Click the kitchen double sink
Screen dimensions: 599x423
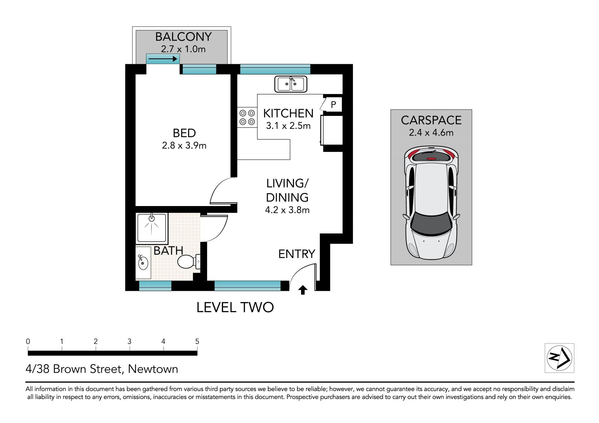coord(291,84)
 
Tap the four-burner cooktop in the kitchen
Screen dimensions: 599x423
coord(247,117)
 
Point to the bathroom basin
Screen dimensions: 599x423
coord(143,262)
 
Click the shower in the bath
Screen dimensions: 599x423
coord(152,228)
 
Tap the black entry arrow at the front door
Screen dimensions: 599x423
coord(303,290)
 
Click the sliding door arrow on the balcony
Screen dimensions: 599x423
coord(162,59)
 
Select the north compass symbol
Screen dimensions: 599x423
coord(559,358)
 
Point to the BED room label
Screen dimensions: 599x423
coord(184,133)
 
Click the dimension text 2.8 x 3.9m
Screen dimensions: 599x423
coord(184,146)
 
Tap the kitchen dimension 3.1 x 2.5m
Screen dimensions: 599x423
coord(288,126)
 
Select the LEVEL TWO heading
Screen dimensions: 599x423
coord(235,308)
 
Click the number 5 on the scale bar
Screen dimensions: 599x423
coord(197,342)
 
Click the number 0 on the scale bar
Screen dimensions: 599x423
coord(28,342)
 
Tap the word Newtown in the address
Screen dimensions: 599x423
coord(153,369)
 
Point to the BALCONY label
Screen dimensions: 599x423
coord(183,37)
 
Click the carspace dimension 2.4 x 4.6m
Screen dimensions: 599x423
coord(431,133)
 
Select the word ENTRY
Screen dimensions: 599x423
coord(297,254)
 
